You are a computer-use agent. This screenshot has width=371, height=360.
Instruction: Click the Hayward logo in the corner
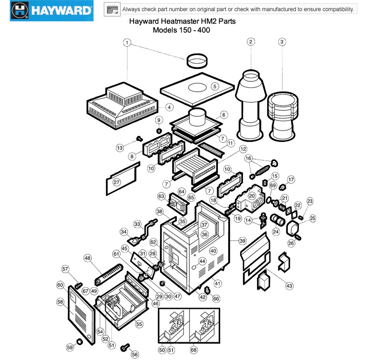pyautogui.click(x=51, y=11)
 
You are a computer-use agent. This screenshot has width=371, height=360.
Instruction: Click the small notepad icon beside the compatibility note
pyautogui.click(x=112, y=10)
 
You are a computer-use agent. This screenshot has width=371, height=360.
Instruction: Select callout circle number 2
pyautogui.click(x=250, y=42)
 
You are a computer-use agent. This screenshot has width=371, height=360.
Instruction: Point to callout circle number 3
pyautogui.click(x=282, y=42)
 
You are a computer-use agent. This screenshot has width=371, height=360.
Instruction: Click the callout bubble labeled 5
pyautogui.click(x=215, y=86)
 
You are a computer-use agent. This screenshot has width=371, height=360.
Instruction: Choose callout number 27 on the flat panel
pyautogui.click(x=116, y=183)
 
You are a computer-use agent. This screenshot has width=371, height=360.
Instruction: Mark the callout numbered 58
pyautogui.click(x=60, y=302)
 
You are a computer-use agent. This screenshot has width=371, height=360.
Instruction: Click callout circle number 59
pyautogui.click(x=70, y=347)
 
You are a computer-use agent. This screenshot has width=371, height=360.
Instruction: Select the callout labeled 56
pyautogui.click(x=135, y=354)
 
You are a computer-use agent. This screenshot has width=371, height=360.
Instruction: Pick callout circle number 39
pyautogui.click(x=242, y=241)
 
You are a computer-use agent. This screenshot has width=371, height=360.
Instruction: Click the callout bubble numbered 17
pyautogui.click(x=291, y=180)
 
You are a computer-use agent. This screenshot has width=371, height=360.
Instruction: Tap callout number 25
pyautogui.click(x=312, y=218)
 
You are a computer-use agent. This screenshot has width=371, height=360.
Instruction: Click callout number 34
pyautogui.click(x=123, y=232)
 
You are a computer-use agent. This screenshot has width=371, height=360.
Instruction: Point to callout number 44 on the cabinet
pyautogui.click(x=202, y=261)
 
